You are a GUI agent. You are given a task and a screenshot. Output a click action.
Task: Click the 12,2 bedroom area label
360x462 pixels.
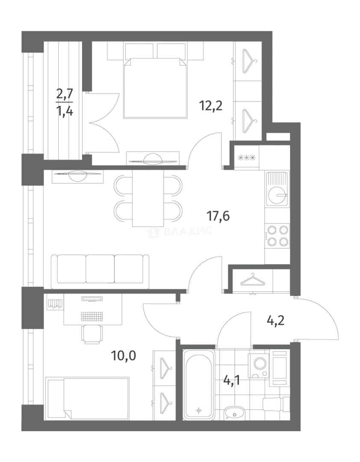pos(211,105)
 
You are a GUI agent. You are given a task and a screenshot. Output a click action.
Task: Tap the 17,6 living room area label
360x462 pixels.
pos(218,216)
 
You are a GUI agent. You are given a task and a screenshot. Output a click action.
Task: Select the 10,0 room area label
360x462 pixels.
pos(124,356)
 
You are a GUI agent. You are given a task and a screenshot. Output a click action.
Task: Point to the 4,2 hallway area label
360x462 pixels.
pos(275,320)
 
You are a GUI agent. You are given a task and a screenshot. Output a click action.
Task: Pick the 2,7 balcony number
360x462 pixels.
pos(65,95)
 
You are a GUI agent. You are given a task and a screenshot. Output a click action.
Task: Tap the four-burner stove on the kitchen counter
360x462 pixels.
pos(277,235)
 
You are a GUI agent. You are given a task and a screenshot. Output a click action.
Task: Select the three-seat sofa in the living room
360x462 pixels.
pos(100,272)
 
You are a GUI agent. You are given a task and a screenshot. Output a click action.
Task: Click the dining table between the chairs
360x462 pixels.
pos(148,198)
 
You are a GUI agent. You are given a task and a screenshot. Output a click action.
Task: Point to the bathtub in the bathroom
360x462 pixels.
pos(199,384)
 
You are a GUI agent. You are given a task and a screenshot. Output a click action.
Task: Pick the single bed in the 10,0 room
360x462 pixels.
pos(88,398)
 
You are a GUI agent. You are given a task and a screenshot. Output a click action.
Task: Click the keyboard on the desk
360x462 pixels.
pos(92,317)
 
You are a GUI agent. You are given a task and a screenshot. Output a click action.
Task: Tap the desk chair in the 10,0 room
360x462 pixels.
pos(92,334)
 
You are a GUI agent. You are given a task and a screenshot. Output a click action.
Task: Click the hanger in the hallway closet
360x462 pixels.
pos(253,280)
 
